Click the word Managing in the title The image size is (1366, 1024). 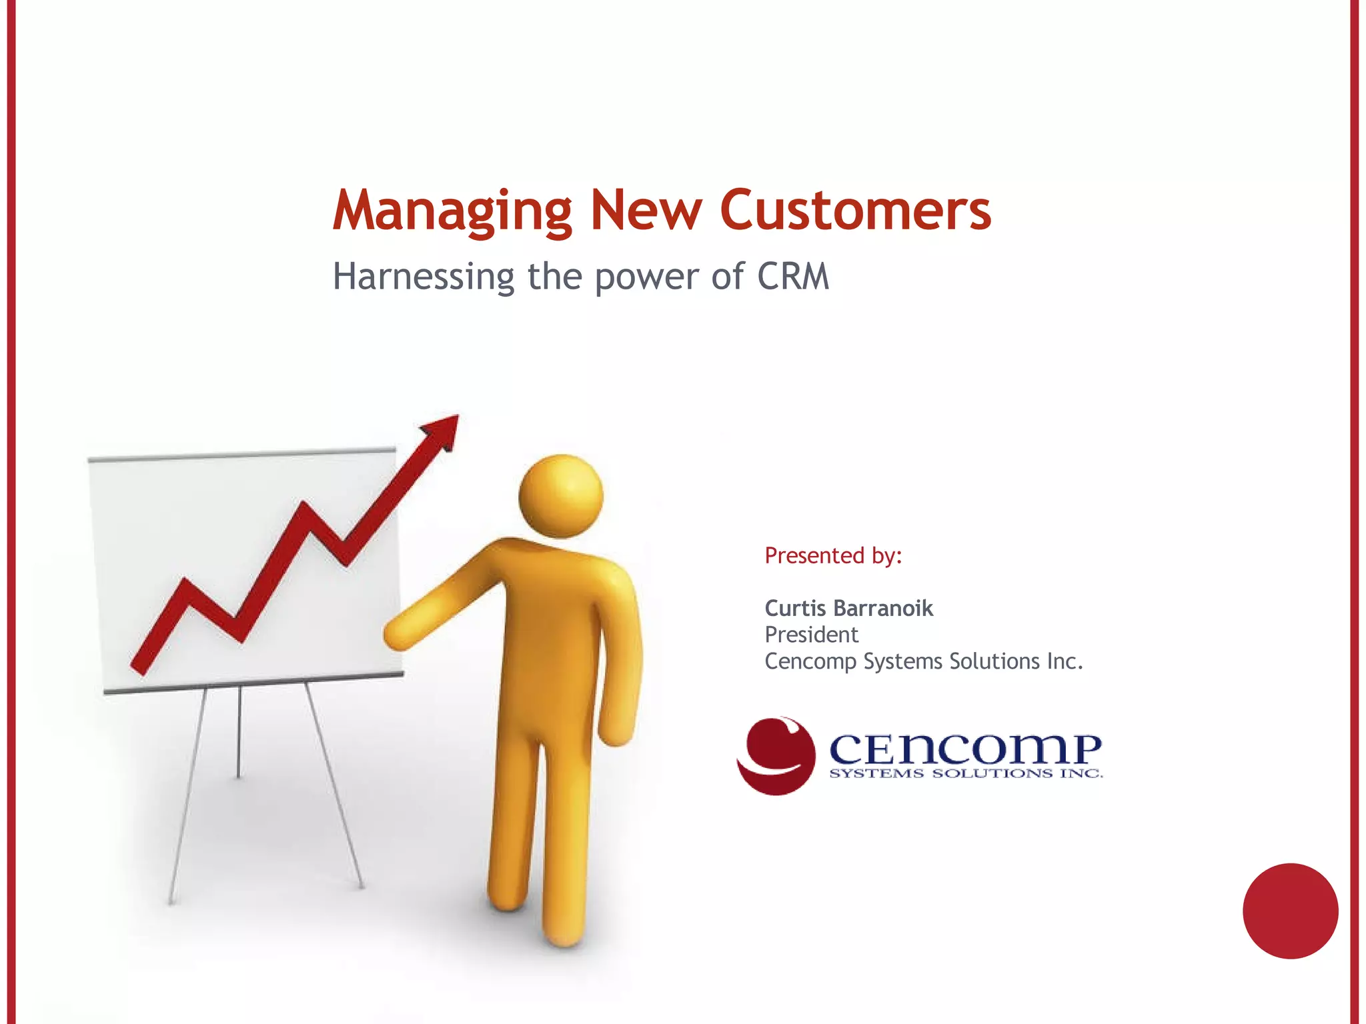click(x=452, y=211)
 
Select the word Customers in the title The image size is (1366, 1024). click(x=855, y=211)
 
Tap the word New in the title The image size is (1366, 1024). click(x=645, y=211)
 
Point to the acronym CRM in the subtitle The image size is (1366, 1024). click(x=793, y=276)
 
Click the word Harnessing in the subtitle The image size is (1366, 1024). click(x=424, y=276)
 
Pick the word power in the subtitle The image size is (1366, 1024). click(x=646, y=277)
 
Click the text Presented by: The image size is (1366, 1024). click(x=833, y=555)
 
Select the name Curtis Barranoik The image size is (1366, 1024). click(x=848, y=608)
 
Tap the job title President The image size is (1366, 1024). click(x=811, y=635)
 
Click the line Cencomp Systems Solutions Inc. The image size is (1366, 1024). click(x=923, y=661)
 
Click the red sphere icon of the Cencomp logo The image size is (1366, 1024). click(x=776, y=756)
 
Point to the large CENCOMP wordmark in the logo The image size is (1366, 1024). click(x=965, y=749)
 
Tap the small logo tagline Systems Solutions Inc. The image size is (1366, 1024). click(x=965, y=774)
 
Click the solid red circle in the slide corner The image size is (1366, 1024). click(x=1290, y=911)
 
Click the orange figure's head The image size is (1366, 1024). click(x=561, y=495)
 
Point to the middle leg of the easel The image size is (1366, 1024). click(x=238, y=733)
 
